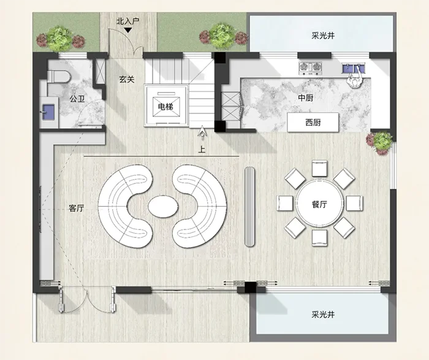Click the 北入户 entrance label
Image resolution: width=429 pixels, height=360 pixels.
tap(127, 21)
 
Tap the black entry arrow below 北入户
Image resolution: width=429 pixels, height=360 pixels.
tap(127, 30)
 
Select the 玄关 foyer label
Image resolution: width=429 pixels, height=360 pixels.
tap(127, 79)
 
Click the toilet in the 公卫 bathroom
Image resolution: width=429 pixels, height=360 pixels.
tap(58, 76)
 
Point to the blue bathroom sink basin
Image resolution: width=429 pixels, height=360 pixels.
tap(48, 112)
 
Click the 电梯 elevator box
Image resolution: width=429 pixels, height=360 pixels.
tap(166, 105)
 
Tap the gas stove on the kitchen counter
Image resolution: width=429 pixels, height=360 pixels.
tap(310, 68)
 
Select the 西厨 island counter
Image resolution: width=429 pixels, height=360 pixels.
tap(313, 122)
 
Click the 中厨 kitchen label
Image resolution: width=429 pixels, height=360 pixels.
tap(306, 98)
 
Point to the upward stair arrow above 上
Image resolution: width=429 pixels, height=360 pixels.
tap(202, 131)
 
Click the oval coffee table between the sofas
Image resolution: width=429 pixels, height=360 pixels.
tap(163, 207)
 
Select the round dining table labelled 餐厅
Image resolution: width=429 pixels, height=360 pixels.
tap(319, 204)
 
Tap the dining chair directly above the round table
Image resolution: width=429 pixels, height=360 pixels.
tap(319, 169)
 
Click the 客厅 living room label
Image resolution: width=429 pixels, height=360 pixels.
tap(77, 209)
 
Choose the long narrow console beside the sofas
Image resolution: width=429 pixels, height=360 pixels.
tap(249, 207)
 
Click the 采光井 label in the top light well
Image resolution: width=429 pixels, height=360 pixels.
tap(323, 36)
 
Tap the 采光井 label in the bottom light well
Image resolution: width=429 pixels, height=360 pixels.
tap(323, 314)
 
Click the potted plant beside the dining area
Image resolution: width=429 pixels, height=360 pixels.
tap(381, 143)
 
